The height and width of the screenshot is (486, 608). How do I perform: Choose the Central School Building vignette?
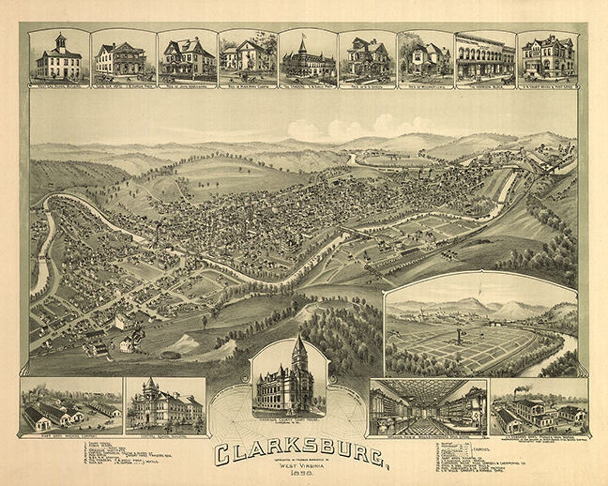[x=165, y=404]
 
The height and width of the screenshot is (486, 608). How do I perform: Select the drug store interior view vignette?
[x=428, y=407]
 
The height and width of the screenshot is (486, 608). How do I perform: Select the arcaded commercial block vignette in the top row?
[x=484, y=56]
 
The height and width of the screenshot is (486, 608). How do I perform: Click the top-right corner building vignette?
[x=547, y=56]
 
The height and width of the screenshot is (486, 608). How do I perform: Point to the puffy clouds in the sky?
[x=360, y=128]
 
